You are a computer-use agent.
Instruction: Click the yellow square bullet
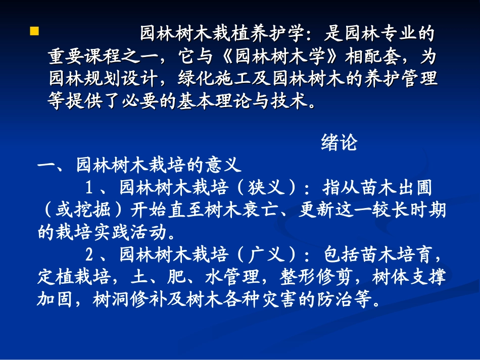(x=34, y=32)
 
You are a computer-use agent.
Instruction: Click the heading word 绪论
(x=339, y=143)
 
